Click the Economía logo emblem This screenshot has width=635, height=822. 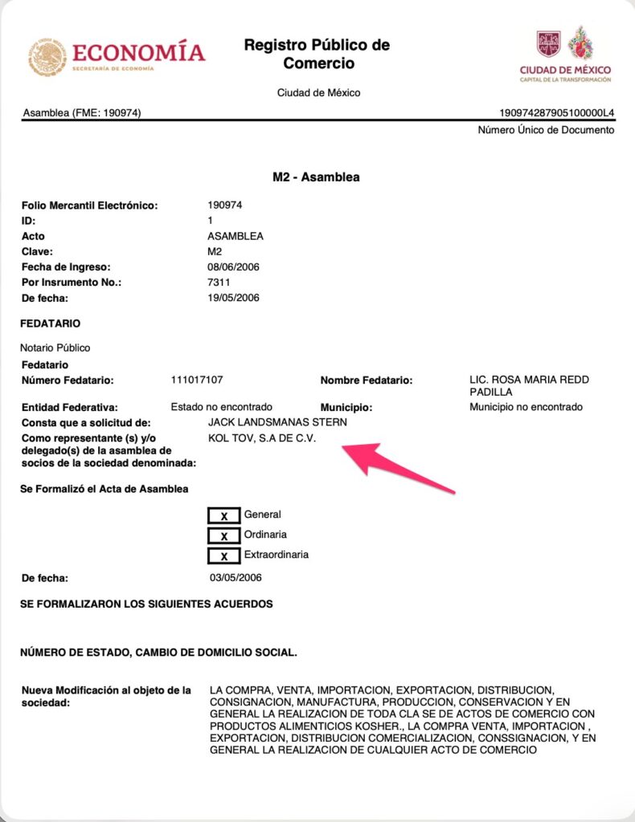click(48, 57)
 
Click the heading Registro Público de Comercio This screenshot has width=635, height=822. click(317, 54)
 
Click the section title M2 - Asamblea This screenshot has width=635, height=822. click(317, 177)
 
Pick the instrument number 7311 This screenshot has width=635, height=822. click(219, 283)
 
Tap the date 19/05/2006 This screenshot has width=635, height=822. click(233, 298)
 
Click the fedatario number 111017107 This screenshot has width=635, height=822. click(197, 380)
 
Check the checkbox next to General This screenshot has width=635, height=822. click(224, 515)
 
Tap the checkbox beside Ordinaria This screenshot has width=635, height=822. click(224, 535)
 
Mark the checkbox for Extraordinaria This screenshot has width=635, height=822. click(224, 555)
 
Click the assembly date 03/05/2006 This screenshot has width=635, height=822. click(235, 577)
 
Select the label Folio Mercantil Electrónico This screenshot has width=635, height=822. click(89, 205)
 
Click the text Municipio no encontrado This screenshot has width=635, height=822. click(526, 407)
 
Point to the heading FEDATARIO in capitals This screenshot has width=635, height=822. click(51, 324)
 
